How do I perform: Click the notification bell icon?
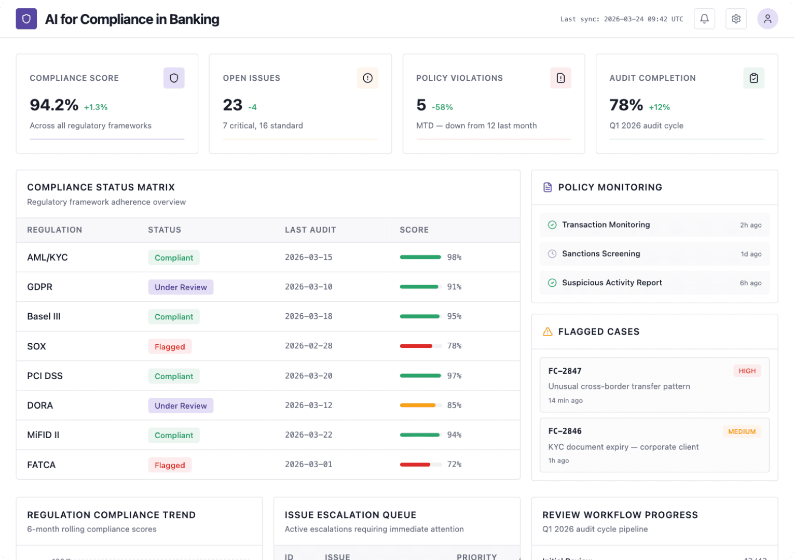704,19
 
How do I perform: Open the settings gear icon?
736,19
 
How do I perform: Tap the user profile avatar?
768,19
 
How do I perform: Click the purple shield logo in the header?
26,19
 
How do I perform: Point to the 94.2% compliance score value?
54,105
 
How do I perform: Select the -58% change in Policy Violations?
442,107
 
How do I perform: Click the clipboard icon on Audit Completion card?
754,78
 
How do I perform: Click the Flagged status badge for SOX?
170,347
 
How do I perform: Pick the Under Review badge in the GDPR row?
181,287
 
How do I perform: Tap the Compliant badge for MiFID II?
174,436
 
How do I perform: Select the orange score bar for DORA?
418,405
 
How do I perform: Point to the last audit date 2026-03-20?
309,376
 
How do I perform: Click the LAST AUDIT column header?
310,230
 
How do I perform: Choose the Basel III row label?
44,317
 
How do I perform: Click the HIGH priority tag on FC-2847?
747,371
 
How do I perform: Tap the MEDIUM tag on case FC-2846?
742,432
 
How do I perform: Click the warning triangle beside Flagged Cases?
547,332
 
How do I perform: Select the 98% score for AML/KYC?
454,258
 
